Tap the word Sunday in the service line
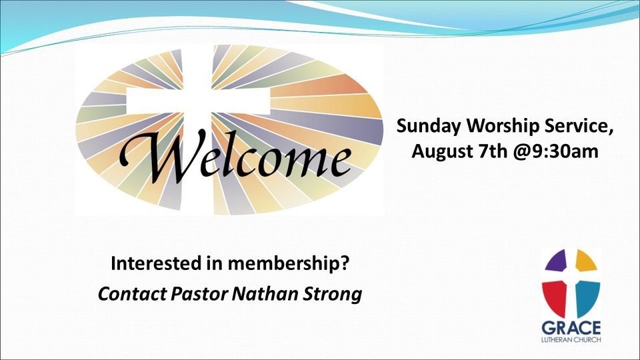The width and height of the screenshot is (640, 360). coord(427,126)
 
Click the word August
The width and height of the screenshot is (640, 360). coord(441,152)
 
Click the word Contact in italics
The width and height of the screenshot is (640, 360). coord(125,294)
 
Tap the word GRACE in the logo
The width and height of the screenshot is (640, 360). coord(571,328)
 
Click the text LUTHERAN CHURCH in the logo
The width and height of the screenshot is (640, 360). coord(571,341)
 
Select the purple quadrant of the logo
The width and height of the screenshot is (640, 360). coord(557,261)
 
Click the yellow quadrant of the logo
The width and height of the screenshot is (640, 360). coord(585,261)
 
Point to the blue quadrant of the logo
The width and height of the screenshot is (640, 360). coord(587,296)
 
